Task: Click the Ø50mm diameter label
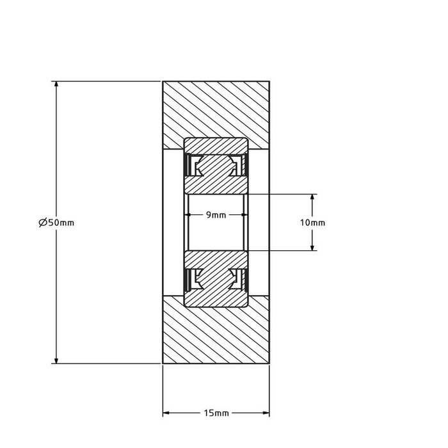pyautogui.click(x=56, y=223)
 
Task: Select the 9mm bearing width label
pyautogui.click(x=216, y=215)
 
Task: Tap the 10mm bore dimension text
pyautogui.click(x=312, y=222)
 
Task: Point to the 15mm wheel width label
pyautogui.click(x=216, y=413)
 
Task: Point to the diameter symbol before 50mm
pyautogui.click(x=42, y=223)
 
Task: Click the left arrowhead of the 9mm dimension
pyautogui.click(x=189, y=215)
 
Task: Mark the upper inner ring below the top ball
pyautogui.click(x=216, y=184)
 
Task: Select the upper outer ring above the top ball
pyautogui.click(x=216, y=145)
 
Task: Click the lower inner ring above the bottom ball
pyautogui.click(x=216, y=259)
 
